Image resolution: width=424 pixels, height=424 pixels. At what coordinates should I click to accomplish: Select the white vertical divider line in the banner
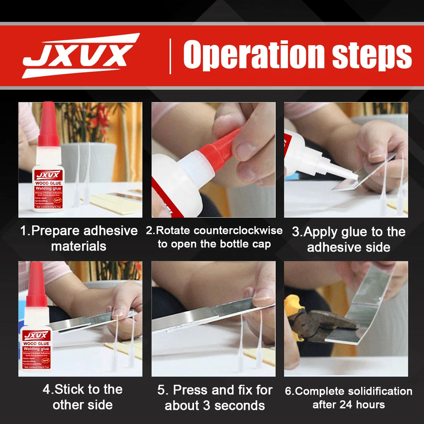[x=171, y=57]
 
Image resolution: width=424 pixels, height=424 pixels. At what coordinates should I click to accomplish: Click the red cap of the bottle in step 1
[x=48, y=124]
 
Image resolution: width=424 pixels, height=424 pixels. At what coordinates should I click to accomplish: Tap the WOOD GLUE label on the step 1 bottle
[x=48, y=183]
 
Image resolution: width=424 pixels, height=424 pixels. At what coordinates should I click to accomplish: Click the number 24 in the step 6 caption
[x=346, y=405]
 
